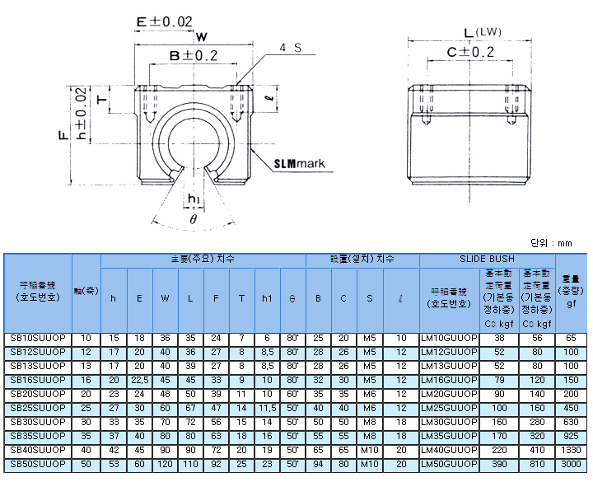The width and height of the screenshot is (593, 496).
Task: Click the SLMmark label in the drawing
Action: (x=299, y=163)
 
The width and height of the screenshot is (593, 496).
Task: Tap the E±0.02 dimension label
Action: (x=165, y=21)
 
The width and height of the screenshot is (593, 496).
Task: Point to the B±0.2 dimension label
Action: (x=194, y=55)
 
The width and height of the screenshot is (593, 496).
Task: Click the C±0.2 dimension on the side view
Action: (x=470, y=52)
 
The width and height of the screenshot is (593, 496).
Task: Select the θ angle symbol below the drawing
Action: (x=193, y=220)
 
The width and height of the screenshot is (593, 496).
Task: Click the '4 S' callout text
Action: (x=290, y=48)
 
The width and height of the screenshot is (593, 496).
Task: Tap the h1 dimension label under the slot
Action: (x=194, y=199)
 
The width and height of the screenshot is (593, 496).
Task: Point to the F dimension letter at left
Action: (x=63, y=134)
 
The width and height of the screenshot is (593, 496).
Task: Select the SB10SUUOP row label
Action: (x=38, y=339)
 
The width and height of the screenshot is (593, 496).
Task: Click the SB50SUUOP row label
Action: (x=38, y=465)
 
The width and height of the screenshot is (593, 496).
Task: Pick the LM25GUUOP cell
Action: (x=449, y=409)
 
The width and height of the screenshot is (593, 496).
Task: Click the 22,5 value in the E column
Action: (x=139, y=381)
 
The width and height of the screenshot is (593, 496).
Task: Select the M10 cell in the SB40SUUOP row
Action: (x=369, y=451)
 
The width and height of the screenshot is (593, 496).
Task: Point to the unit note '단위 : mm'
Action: (x=552, y=243)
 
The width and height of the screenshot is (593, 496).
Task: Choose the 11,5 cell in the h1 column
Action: (x=267, y=409)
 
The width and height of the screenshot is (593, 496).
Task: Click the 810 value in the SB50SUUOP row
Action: (x=538, y=465)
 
